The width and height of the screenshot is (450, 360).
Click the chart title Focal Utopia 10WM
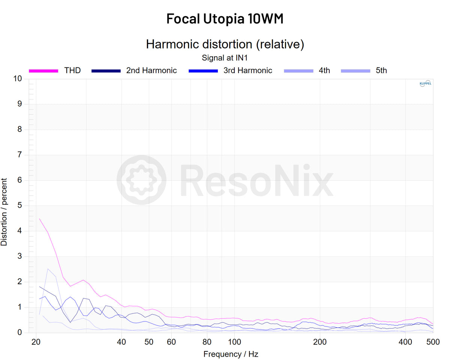coord(225,19)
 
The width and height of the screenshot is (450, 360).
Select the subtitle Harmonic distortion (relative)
coord(225,44)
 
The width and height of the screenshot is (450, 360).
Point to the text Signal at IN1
coord(225,58)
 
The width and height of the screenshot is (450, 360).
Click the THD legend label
coord(72,70)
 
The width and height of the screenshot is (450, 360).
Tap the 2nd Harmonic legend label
coord(151,70)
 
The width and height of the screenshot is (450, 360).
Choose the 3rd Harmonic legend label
coord(248,70)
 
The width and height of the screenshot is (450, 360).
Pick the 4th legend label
coord(324,70)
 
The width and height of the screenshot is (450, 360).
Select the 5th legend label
coord(381,70)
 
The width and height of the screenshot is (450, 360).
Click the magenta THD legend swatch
coord(43,70)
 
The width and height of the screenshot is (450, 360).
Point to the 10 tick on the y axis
coord(17,79)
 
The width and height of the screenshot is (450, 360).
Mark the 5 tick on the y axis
coord(19,206)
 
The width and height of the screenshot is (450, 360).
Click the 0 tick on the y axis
coord(19,333)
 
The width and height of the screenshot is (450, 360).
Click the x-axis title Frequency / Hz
coord(231,354)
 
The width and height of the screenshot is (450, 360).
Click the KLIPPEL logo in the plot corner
coord(425,84)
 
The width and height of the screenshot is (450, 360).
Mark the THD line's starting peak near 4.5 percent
coord(40,219)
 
